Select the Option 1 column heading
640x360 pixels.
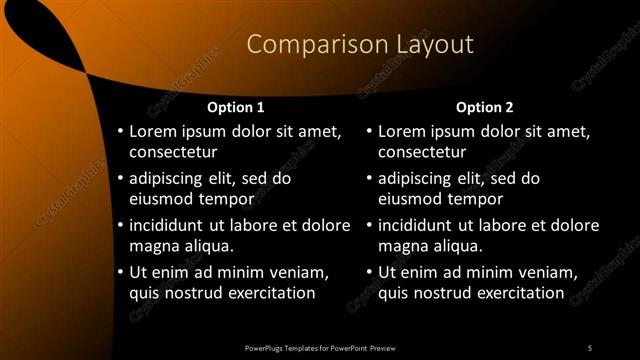[x=236, y=107]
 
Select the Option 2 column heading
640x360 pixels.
[x=485, y=107]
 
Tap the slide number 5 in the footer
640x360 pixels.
[x=590, y=347]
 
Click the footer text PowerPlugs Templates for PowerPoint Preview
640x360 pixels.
[x=320, y=347]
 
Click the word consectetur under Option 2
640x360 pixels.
[x=422, y=152]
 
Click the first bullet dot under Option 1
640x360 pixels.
[x=121, y=133]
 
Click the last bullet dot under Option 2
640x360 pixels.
[x=370, y=273]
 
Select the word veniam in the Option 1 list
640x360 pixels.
[x=301, y=273]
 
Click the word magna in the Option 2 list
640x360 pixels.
[x=402, y=246]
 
